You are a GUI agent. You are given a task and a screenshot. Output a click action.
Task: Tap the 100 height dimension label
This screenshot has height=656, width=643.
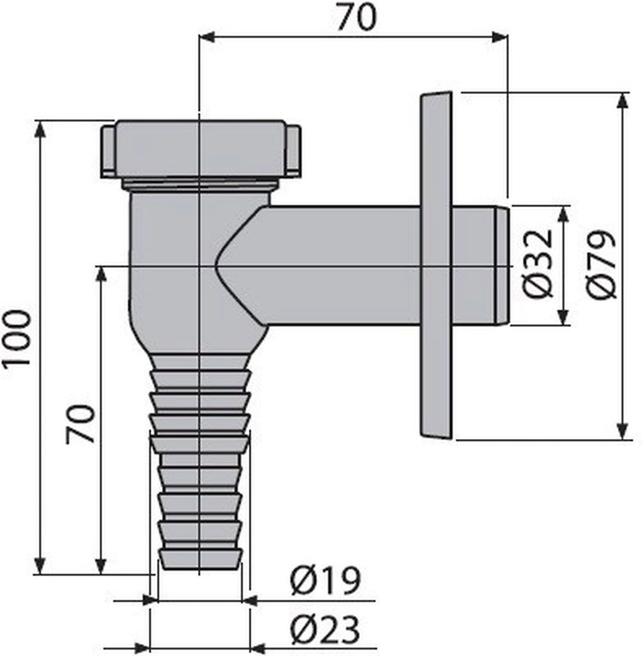(17, 339)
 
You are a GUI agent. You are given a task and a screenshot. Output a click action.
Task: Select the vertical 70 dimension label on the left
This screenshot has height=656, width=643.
(80, 424)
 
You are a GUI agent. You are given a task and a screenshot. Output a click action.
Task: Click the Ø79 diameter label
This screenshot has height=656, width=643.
(602, 265)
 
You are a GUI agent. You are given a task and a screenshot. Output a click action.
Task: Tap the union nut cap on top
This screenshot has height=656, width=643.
(201, 149)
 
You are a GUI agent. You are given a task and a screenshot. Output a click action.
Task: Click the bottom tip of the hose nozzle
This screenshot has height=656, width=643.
(201, 569)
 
